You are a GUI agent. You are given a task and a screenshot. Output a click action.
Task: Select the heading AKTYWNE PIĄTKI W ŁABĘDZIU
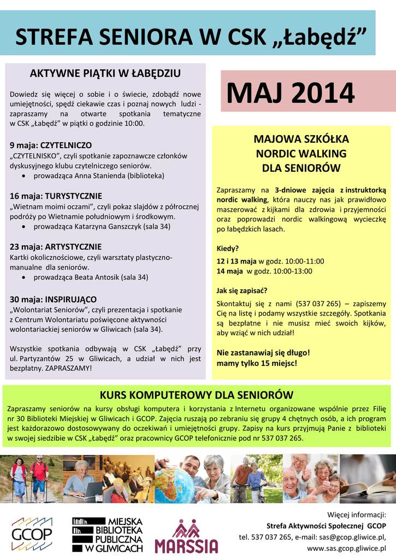pyautogui.click(x=105, y=73)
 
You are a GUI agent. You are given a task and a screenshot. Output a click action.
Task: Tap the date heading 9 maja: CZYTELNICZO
pyautogui.click(x=51, y=145)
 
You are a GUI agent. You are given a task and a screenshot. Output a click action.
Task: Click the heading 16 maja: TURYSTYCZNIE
pyautogui.click(x=56, y=196)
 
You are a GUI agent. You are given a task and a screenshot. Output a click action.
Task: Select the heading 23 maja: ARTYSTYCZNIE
pyautogui.click(x=56, y=247)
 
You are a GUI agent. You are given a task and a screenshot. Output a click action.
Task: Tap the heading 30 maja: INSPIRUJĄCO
pyautogui.click(x=54, y=299)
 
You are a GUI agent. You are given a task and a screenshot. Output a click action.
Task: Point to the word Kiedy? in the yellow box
pyautogui.click(x=228, y=248)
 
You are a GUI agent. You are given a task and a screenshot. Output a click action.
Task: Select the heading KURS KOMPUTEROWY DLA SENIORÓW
pyautogui.click(x=196, y=395)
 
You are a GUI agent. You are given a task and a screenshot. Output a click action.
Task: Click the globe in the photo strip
pyautogui.click(x=174, y=485)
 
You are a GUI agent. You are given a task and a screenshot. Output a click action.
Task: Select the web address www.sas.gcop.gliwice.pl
pyautogui.click(x=346, y=547)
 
